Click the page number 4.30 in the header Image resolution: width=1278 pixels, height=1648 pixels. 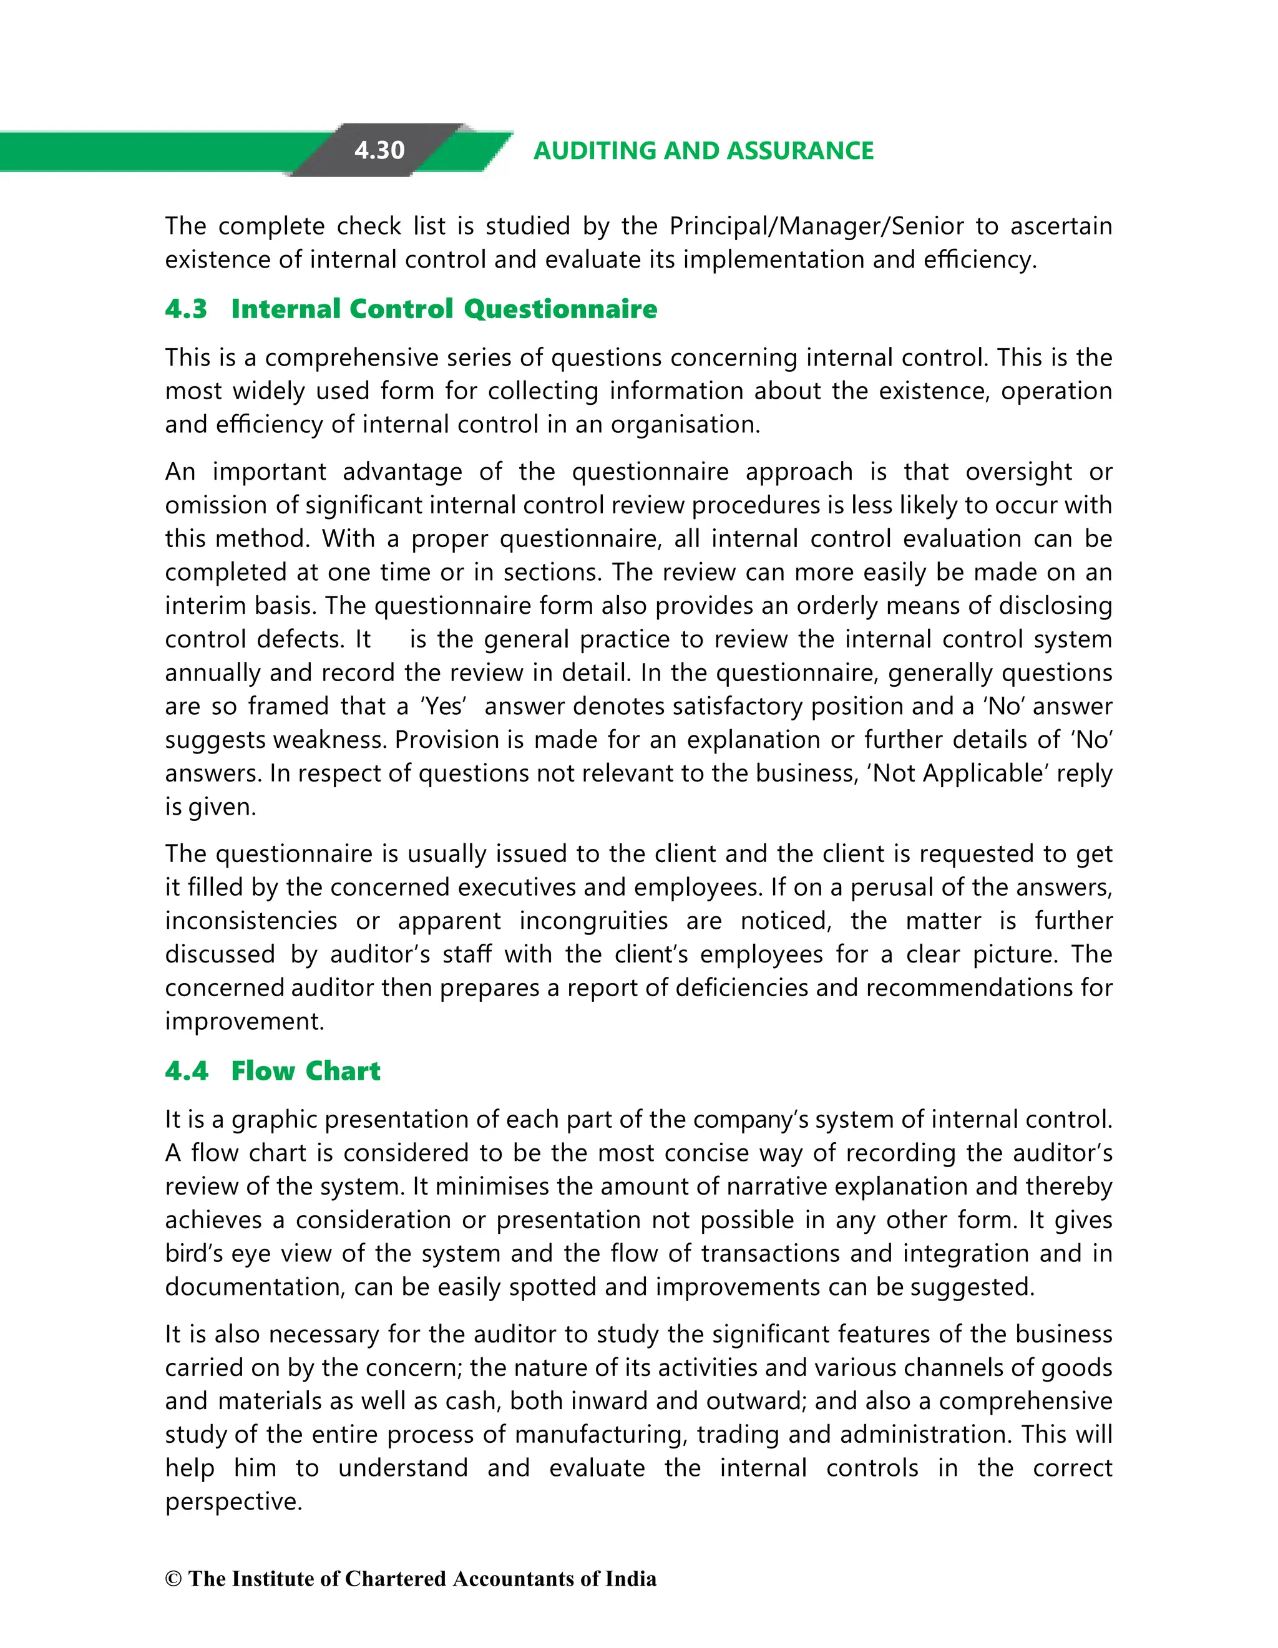coord(379,150)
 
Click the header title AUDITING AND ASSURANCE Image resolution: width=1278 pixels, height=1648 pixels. coord(703,151)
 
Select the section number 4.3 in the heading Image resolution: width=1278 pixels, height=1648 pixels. coord(186,309)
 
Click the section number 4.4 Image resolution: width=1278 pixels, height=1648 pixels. coord(186,1071)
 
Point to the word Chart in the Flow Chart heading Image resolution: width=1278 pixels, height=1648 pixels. coord(343,1071)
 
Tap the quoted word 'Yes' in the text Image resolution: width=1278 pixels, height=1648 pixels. coord(444,706)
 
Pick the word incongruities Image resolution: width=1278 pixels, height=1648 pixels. coord(593,921)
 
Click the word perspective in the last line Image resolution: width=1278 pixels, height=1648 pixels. coord(233,1501)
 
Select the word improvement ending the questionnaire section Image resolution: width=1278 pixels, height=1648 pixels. coord(244,1022)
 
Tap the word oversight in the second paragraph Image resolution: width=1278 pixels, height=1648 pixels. coord(1018,472)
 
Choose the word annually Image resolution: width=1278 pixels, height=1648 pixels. coord(212,672)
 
